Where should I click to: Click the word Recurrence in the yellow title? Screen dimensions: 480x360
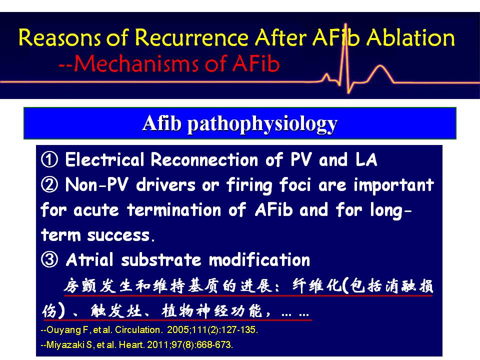[x=191, y=37]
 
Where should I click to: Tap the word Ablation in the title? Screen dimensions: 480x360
[x=410, y=37]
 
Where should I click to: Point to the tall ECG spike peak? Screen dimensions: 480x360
[x=346, y=24]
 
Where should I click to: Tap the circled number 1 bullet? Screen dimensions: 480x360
[x=49, y=159]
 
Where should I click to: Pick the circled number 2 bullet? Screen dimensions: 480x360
[x=49, y=184]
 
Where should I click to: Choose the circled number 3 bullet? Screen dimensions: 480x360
[x=49, y=259]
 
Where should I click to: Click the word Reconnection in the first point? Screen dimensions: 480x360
[x=204, y=159]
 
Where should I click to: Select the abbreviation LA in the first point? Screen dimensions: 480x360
[x=366, y=159]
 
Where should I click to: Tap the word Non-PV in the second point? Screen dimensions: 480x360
[x=96, y=184]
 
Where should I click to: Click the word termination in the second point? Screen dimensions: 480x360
[x=174, y=210]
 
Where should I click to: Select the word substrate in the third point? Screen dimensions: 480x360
[x=161, y=260]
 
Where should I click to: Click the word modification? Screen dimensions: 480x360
[x=259, y=260]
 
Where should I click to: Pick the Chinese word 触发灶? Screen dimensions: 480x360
[x=116, y=311]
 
